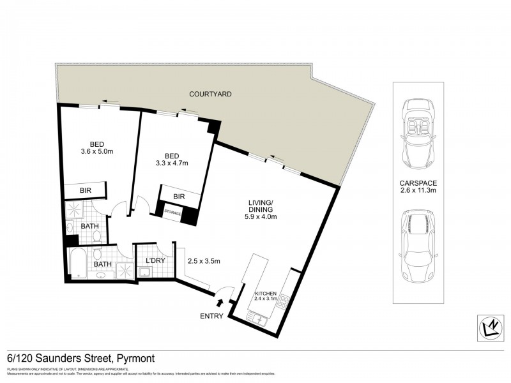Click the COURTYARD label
click(x=210, y=94)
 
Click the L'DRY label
click(x=156, y=261)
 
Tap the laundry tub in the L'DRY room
click(x=144, y=273)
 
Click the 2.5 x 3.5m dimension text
click(x=203, y=260)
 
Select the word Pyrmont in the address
click(x=135, y=359)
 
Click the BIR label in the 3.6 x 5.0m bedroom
click(x=85, y=191)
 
